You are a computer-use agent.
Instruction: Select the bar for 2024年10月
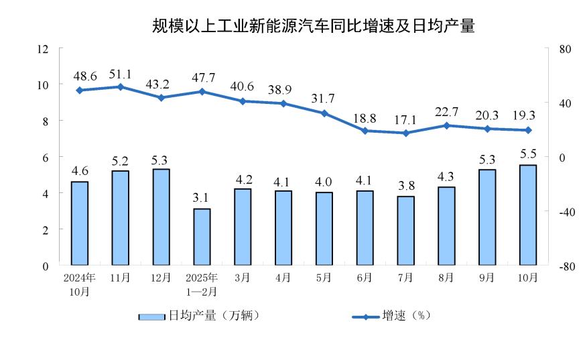click(x=80, y=223)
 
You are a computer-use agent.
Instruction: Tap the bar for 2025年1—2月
click(x=202, y=237)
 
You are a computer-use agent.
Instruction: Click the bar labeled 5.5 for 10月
click(x=528, y=215)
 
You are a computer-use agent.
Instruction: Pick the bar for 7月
click(x=405, y=231)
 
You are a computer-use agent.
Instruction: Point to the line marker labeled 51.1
click(x=120, y=86)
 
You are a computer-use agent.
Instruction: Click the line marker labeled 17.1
click(x=405, y=133)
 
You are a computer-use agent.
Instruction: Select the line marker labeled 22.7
click(x=446, y=125)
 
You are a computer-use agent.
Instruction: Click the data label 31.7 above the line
click(x=324, y=99)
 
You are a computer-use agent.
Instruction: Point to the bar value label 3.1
click(x=202, y=198)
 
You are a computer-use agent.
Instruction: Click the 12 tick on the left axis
click(x=44, y=49)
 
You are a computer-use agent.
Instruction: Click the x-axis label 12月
click(x=161, y=277)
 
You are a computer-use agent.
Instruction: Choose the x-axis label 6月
click(x=365, y=277)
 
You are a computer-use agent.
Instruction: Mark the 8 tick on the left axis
click(x=46, y=121)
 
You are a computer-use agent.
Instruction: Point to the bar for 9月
click(x=487, y=217)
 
